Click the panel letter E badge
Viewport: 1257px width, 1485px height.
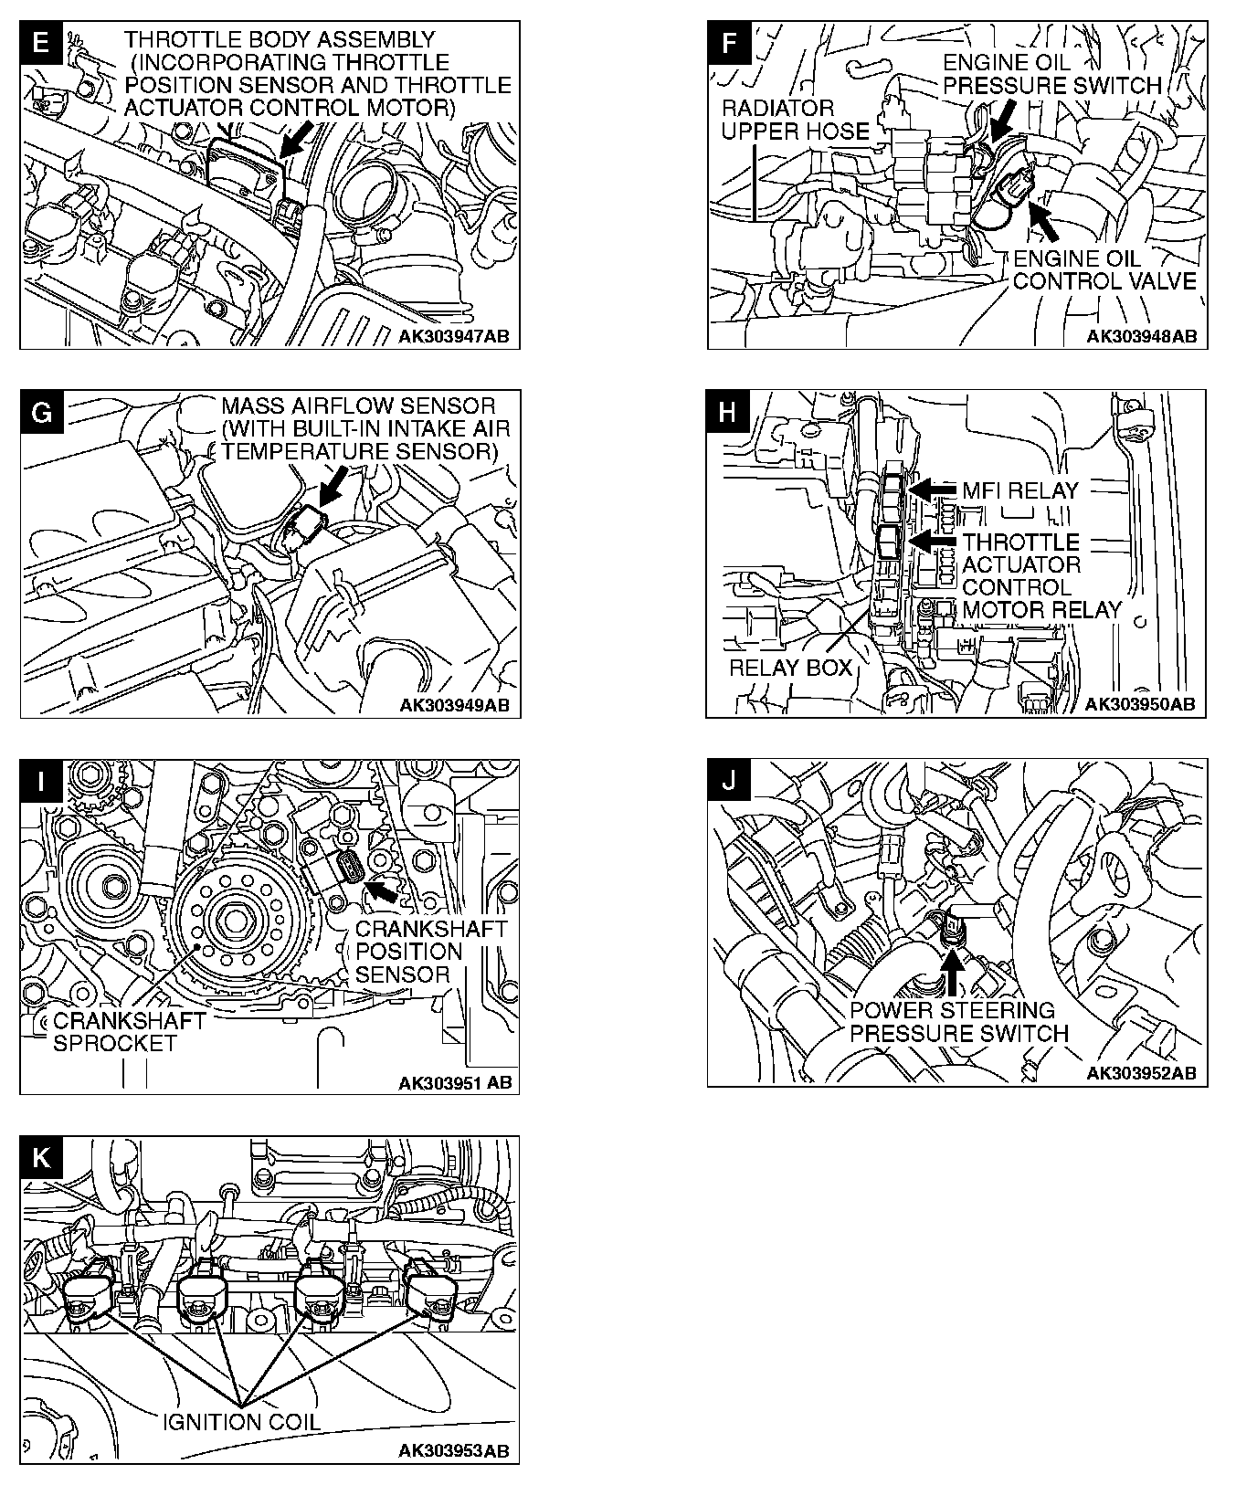point(40,43)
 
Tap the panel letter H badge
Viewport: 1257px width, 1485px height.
point(727,412)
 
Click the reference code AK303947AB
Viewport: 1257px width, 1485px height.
point(453,336)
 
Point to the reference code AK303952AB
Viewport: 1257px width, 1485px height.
point(1141,1073)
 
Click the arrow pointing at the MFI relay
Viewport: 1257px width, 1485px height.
point(932,490)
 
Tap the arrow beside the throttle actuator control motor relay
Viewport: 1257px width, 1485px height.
point(932,542)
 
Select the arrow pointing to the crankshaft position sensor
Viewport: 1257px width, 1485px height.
point(381,887)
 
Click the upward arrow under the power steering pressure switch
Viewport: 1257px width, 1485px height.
point(951,971)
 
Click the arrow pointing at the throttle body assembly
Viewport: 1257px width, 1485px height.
point(296,142)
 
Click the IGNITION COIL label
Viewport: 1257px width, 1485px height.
point(241,1421)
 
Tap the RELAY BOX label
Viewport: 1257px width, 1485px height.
point(790,668)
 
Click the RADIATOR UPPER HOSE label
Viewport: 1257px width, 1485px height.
point(795,120)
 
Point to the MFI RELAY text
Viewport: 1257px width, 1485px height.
point(1019,490)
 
